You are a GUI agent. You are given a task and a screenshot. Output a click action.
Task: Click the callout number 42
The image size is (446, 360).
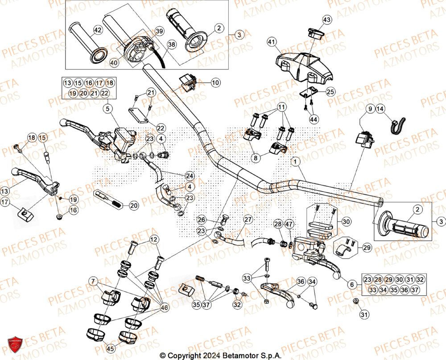97,31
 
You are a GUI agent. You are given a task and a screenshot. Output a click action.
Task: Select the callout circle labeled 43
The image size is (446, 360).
327,20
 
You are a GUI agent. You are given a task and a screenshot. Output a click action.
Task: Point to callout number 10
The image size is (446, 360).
215,82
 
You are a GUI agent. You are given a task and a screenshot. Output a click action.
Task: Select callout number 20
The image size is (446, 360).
133,205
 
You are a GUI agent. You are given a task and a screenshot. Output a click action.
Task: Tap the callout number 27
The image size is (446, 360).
248,219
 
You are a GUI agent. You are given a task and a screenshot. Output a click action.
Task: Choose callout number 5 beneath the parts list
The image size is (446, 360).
107,108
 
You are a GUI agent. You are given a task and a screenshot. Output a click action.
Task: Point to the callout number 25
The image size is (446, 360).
330,92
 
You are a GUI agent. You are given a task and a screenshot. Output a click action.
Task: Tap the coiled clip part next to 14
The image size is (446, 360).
397,125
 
